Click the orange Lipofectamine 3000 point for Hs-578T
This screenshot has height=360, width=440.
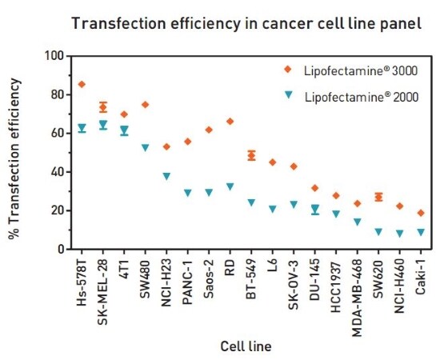point(82,84)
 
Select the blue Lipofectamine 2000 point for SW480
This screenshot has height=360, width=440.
point(146,148)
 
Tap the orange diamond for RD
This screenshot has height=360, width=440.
point(230,122)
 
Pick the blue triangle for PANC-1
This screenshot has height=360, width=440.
point(188,193)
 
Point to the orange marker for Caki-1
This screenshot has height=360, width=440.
point(421,213)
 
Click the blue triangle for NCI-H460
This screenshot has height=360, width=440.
point(400,234)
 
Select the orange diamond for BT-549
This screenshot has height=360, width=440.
point(251,155)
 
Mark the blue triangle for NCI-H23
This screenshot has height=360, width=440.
point(166,177)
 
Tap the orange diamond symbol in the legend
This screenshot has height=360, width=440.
point(289,70)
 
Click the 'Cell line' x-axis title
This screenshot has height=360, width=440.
point(246,346)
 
